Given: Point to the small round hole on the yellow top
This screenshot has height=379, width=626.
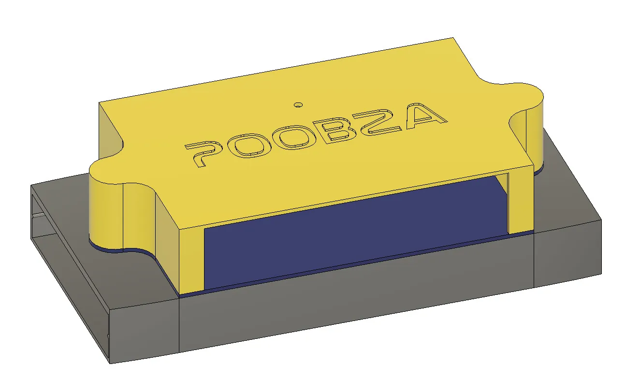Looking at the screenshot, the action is (298, 105).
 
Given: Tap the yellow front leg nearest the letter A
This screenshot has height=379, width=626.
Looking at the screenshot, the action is (520, 202).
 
